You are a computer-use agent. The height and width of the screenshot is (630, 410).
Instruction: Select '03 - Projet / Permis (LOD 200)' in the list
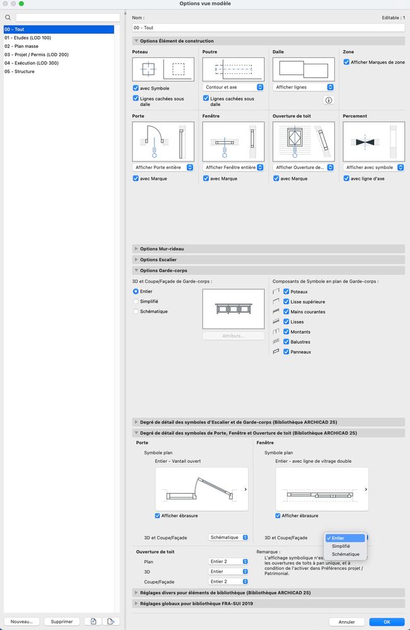(x=37, y=55)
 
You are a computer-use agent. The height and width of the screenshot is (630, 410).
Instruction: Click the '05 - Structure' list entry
(x=20, y=71)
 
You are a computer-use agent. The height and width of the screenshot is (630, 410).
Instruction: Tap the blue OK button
(x=387, y=622)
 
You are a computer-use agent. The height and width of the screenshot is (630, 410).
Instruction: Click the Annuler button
(x=346, y=622)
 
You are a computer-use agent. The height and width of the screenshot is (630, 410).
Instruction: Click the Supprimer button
(x=62, y=621)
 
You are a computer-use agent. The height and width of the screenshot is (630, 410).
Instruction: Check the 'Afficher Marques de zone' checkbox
(x=346, y=62)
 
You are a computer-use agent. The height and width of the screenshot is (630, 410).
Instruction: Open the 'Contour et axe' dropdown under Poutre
(x=233, y=87)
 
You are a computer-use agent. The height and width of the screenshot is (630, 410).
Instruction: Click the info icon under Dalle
(x=329, y=100)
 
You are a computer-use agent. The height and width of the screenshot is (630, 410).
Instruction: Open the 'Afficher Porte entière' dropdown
(x=163, y=168)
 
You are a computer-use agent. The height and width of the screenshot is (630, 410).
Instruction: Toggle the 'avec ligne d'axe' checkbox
(x=346, y=178)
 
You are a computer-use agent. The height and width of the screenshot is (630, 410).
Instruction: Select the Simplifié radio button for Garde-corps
(x=136, y=301)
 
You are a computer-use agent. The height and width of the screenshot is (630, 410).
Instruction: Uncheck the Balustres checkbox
(x=286, y=342)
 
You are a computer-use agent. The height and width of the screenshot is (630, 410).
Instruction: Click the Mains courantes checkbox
(x=286, y=312)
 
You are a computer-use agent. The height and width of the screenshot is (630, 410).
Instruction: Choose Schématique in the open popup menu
(x=346, y=554)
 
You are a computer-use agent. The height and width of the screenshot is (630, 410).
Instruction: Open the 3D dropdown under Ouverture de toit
(x=229, y=572)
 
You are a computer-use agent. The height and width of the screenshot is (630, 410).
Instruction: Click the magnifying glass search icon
(x=8, y=18)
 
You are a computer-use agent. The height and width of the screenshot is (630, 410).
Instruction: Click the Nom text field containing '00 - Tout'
(x=268, y=28)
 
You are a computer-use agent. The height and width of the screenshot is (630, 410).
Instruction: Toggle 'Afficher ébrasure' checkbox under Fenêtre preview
(x=278, y=515)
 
